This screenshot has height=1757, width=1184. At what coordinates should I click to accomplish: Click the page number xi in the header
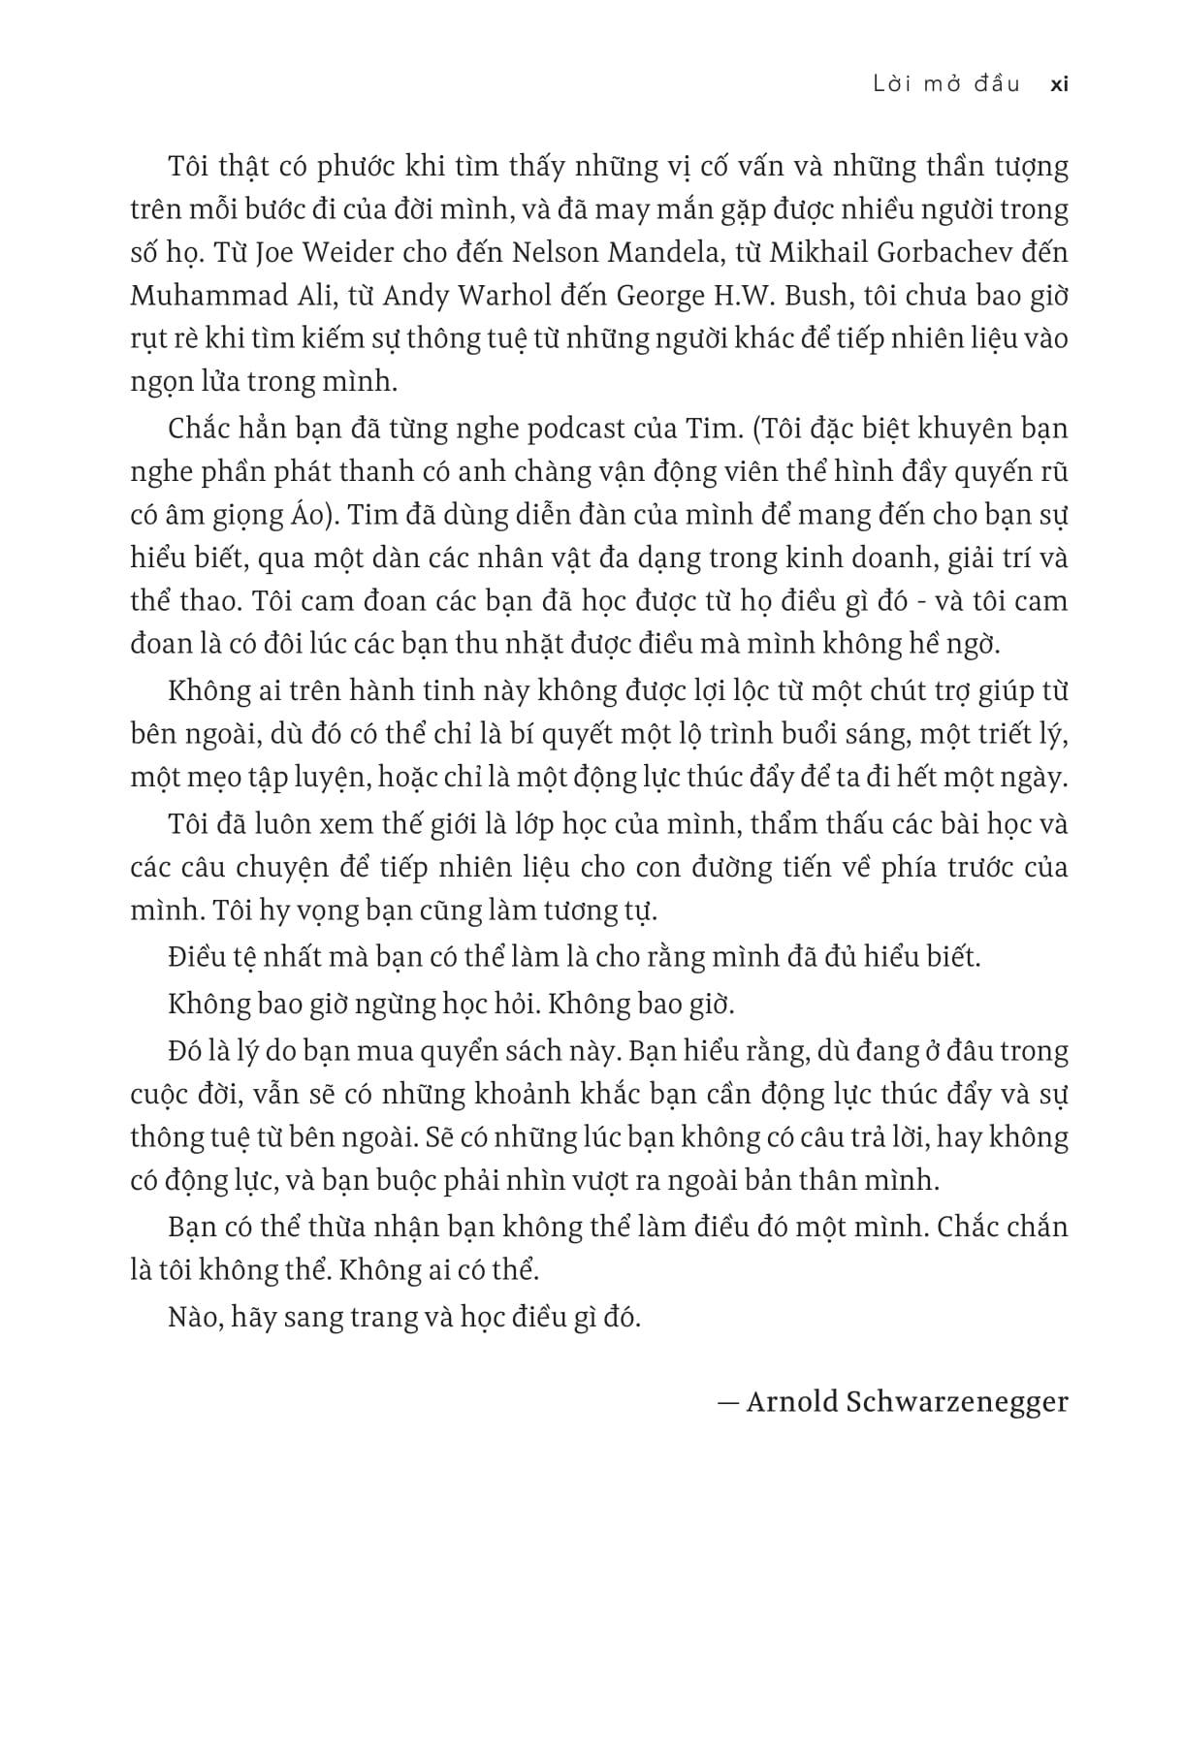[x=1059, y=84]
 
